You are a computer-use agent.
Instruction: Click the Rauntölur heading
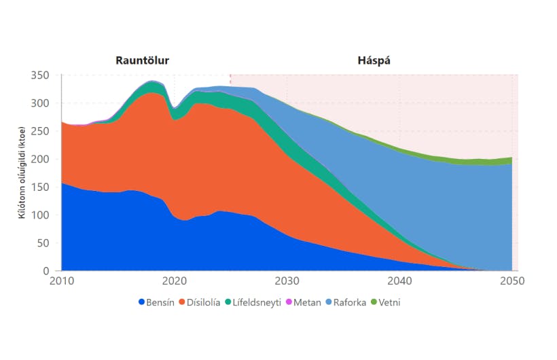coord(142,60)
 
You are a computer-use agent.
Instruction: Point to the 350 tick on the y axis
coord(42,75)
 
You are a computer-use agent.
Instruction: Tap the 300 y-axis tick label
coord(42,103)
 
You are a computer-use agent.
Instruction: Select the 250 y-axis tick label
coord(42,131)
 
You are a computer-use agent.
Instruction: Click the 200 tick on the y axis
coord(42,159)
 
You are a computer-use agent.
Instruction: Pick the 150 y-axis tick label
coord(42,187)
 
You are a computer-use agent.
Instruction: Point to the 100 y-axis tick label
coord(42,215)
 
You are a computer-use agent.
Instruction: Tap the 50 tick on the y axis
coord(45,243)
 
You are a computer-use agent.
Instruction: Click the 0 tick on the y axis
coord(48,271)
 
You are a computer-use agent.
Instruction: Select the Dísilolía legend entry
coord(198,302)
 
